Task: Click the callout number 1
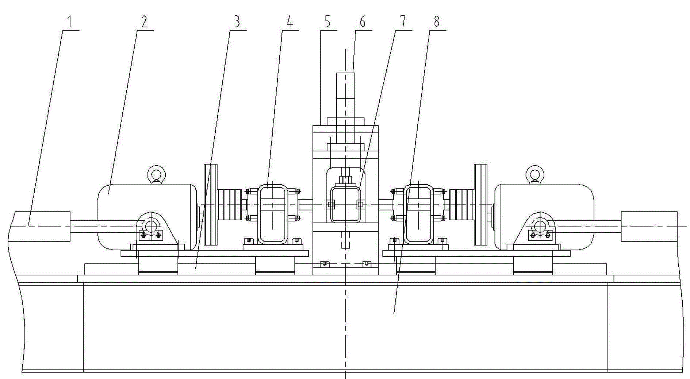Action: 69,22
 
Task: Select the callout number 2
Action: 144,22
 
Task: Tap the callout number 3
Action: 237,22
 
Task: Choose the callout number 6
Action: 362,22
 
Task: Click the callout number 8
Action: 437,22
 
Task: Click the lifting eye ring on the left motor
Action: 155,174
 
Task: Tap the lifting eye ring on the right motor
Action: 534,174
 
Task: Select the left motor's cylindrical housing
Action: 147,217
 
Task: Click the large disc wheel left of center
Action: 210,205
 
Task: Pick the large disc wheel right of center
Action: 480,205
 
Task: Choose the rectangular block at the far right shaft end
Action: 649,226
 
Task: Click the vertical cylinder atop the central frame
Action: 345,95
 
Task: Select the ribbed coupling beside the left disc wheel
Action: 229,205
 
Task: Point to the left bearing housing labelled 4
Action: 273,214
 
